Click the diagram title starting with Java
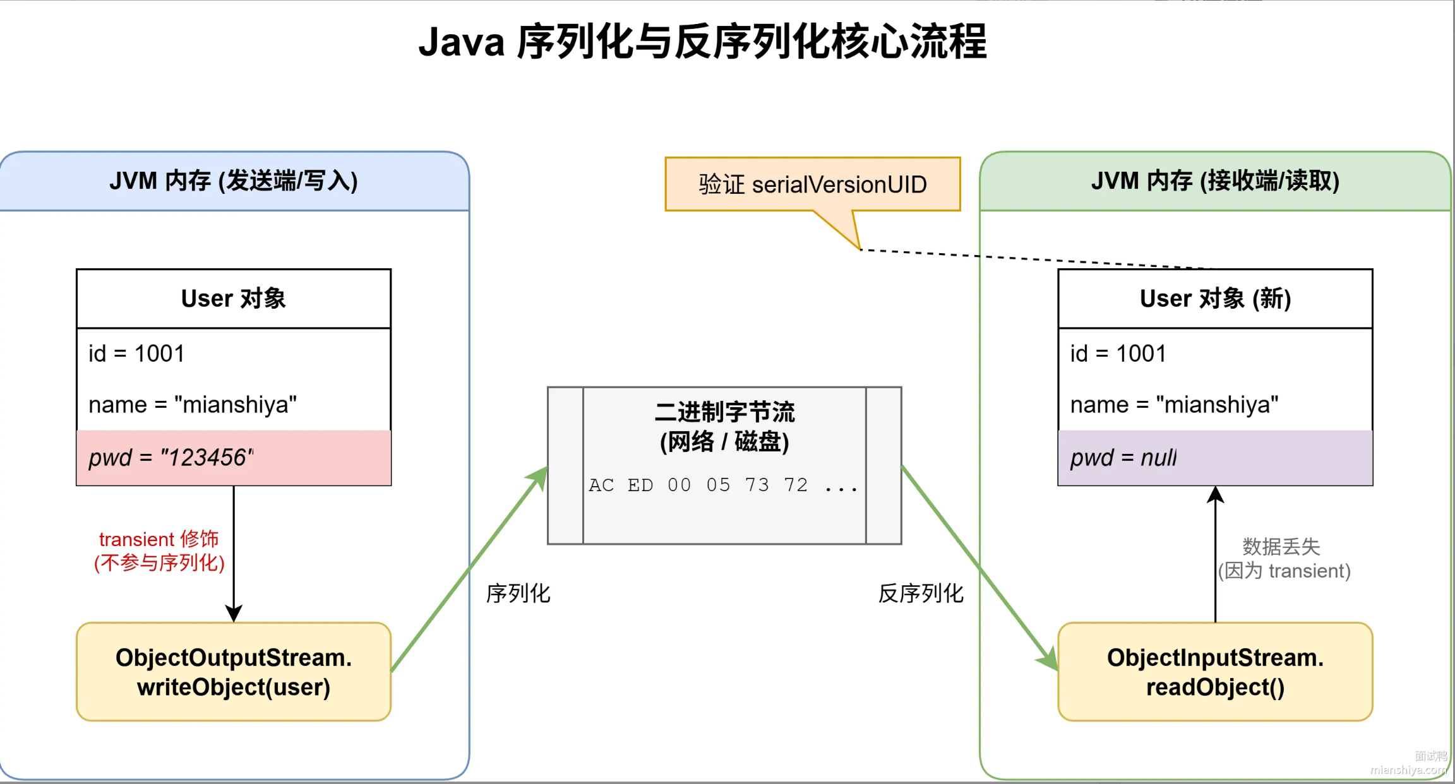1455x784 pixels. tap(702, 42)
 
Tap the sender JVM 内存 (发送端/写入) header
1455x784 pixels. tap(234, 181)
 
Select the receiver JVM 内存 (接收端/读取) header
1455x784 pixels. tap(1215, 181)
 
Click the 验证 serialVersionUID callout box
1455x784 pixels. tap(812, 184)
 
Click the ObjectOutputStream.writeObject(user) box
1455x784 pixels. tap(234, 672)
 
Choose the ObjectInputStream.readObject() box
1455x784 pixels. tap(1215, 672)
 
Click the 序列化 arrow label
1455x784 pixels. tap(518, 593)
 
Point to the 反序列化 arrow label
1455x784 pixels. tap(921, 593)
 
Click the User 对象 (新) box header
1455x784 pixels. tap(1215, 299)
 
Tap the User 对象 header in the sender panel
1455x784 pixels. tap(234, 299)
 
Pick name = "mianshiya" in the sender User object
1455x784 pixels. tap(193, 405)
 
